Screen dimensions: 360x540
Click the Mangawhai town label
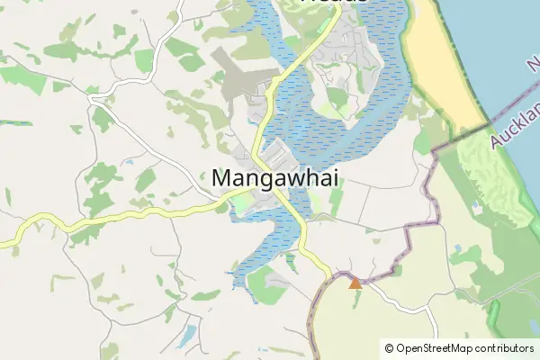tap(263, 179)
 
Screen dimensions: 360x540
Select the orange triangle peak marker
tap(355, 283)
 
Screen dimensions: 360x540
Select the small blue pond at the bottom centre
tap(186, 337)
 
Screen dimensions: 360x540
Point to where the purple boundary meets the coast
tap(490, 122)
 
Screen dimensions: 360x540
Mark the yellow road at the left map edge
tap(7, 241)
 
